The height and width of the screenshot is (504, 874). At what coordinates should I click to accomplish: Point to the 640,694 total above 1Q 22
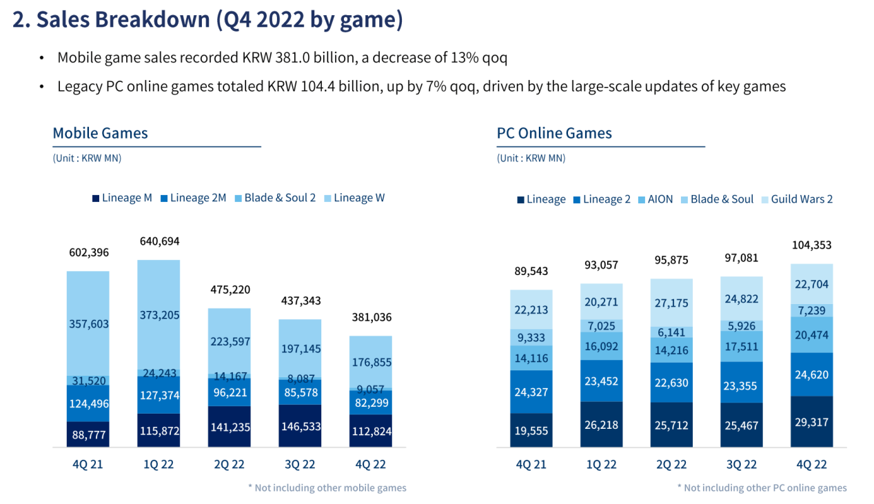159,241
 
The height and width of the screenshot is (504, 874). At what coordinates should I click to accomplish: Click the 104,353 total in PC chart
811,245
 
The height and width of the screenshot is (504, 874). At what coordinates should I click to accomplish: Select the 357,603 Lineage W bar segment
88,323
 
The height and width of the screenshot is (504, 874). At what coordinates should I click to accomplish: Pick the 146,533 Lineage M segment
300,426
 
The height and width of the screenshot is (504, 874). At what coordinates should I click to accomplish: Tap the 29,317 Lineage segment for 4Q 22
811,422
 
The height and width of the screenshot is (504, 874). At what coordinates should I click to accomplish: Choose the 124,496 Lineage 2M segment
88,403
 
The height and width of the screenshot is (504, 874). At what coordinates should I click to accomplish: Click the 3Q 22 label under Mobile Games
300,465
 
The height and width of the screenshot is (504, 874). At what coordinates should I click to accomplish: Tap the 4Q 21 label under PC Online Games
531,465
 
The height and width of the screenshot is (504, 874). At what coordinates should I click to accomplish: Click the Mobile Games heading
101,133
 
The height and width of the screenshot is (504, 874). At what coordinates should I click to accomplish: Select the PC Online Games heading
554,133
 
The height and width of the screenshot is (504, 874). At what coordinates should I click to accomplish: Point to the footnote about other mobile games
327,487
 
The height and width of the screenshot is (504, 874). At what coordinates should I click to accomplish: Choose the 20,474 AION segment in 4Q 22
811,335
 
